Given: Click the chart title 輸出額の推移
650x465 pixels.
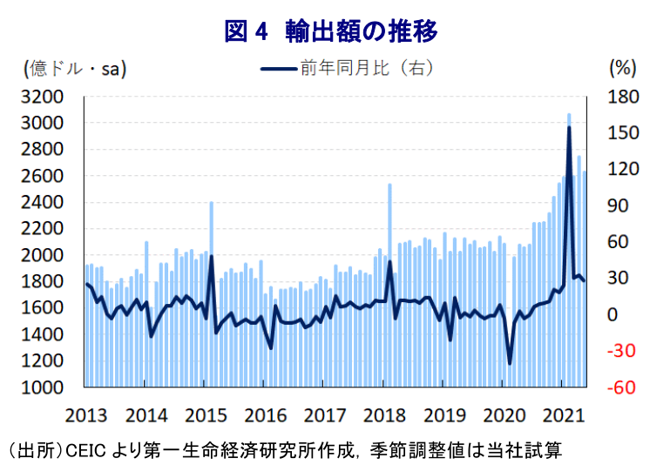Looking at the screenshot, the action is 361,31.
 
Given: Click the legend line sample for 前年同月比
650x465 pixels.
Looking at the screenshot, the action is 279,69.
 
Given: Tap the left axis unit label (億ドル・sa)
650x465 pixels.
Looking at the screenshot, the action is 75,69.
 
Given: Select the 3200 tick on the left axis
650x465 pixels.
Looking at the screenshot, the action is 43,97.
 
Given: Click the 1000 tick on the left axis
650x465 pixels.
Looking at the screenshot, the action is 43,387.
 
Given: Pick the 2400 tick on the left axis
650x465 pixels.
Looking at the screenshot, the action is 43,203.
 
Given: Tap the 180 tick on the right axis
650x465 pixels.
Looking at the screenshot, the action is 623,97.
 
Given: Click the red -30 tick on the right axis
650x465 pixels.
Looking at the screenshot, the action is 621,351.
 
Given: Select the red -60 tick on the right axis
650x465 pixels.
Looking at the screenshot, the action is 621,387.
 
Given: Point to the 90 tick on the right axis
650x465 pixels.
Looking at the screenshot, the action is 618,206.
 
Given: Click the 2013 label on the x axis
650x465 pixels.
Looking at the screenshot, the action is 86,415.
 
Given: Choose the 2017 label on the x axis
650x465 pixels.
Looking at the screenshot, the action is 325,415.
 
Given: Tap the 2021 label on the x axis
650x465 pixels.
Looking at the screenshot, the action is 564,415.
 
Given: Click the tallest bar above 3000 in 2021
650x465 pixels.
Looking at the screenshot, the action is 569,250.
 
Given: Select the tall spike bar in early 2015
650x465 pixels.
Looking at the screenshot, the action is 212,294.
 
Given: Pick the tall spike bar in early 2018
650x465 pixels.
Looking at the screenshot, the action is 389,285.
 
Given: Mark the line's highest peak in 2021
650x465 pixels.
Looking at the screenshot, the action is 569,127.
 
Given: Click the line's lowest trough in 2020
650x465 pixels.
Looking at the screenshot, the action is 510,363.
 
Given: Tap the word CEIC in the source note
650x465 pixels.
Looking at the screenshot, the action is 85,450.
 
